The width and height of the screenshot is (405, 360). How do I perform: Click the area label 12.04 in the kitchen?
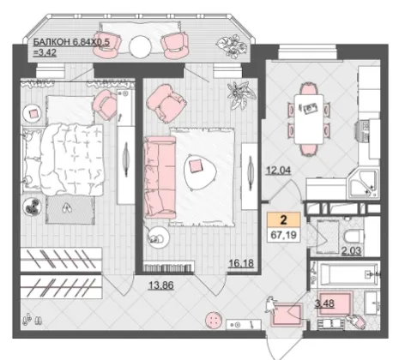[279, 171]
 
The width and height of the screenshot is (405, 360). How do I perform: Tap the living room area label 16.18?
[241, 263]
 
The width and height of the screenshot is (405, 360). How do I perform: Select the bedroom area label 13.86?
[161, 285]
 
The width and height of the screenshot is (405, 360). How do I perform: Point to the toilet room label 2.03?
[352, 251]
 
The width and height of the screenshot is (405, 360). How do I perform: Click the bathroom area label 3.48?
[324, 303]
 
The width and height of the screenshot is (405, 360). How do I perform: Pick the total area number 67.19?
[284, 236]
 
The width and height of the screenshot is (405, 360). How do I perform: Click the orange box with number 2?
[283, 219]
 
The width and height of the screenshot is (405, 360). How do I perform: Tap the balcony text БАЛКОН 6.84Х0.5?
[71, 42]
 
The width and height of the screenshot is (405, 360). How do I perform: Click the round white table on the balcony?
[140, 47]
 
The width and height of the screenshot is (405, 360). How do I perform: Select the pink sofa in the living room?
[160, 177]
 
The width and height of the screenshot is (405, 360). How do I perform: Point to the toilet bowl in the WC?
[354, 236]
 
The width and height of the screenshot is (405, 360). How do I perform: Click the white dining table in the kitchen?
[309, 119]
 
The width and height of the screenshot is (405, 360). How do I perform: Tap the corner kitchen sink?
[363, 183]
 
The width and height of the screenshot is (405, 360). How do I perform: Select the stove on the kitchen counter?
[363, 130]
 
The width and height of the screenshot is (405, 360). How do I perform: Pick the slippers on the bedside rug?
[67, 208]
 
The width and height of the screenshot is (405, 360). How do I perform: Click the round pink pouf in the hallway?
[215, 320]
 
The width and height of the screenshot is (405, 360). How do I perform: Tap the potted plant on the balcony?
[232, 45]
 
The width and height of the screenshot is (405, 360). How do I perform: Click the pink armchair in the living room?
[166, 104]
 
